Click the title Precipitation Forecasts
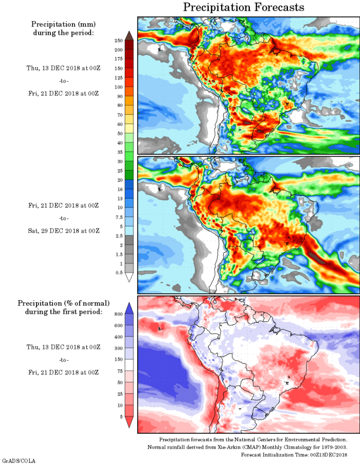tap(244, 7)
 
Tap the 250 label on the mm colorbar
tap(118, 41)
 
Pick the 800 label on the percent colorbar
tap(118, 313)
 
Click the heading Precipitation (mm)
tap(63, 24)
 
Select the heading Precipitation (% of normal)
tap(64, 303)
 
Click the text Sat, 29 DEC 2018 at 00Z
tap(63, 231)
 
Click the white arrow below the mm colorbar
tap(129, 277)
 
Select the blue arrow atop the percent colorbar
tap(129, 308)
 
